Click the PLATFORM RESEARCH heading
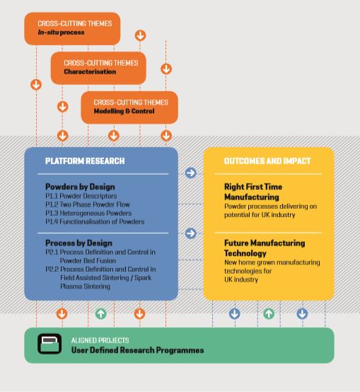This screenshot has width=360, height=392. (85, 161)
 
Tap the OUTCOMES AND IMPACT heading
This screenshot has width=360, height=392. (267, 161)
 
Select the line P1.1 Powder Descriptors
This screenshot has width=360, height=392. (81, 196)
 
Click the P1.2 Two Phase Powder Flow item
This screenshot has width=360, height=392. (88, 204)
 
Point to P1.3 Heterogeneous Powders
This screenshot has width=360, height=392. (88, 213)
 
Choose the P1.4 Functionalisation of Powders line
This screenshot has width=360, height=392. (95, 221)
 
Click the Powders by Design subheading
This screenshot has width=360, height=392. (80, 187)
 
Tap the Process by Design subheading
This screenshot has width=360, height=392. (79, 243)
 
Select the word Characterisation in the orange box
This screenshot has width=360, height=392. (90, 71)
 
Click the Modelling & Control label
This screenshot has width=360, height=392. (124, 111)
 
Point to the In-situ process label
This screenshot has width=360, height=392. (62, 33)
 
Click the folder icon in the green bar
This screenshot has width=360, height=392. (50, 344)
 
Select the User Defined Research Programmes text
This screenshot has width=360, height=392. (138, 350)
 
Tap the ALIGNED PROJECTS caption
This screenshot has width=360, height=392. (100, 340)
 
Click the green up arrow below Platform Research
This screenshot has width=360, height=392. (101, 313)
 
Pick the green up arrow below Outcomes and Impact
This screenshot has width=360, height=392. (269, 313)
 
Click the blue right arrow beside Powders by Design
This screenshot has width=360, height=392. (191, 173)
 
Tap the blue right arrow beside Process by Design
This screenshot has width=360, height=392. (191, 234)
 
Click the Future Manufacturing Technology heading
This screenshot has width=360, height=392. (265, 248)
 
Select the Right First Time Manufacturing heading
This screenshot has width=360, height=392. (253, 192)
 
